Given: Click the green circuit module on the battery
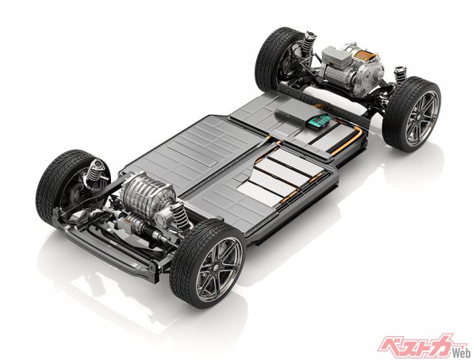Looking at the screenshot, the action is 317,121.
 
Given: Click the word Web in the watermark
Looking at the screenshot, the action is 463,353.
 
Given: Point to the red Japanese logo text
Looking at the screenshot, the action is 420,346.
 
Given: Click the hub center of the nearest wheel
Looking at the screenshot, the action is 219,266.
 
